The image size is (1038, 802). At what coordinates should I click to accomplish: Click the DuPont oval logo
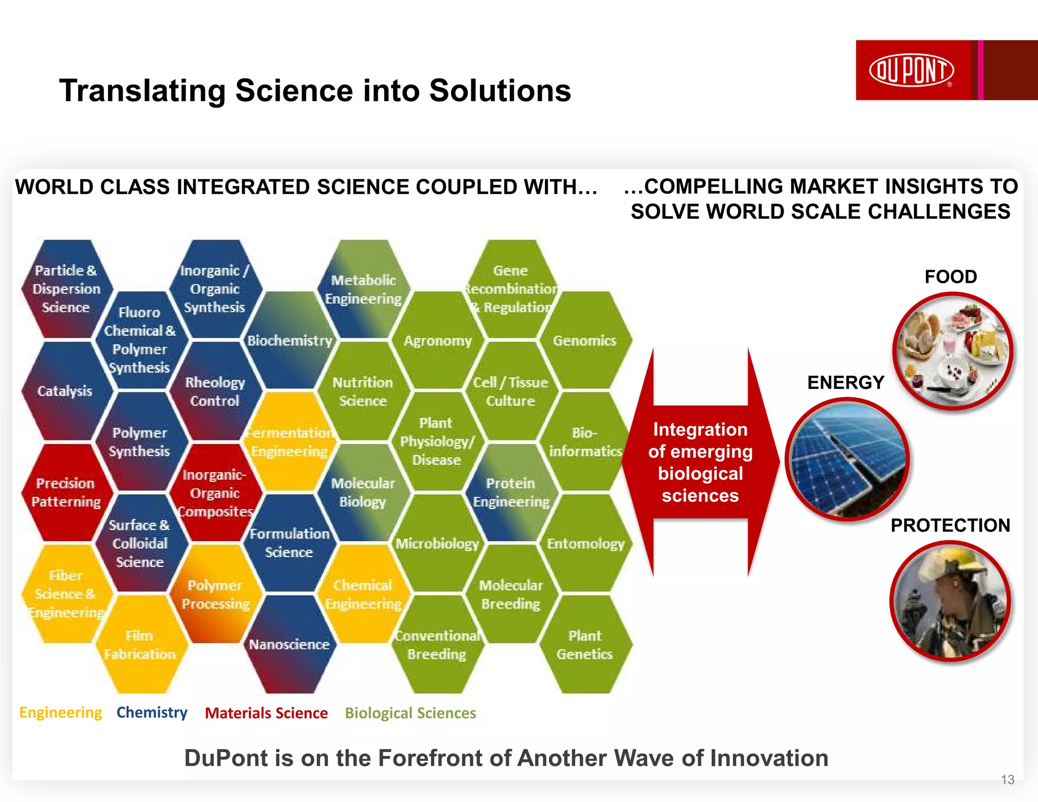[x=911, y=70]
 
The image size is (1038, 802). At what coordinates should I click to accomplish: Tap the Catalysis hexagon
[x=65, y=391]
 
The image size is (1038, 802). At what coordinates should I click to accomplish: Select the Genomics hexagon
[x=584, y=341]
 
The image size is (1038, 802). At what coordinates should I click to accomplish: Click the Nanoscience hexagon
[x=289, y=644]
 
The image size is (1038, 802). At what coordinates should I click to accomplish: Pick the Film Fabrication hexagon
[x=140, y=645]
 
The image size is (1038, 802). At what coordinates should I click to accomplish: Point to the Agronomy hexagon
[x=437, y=341]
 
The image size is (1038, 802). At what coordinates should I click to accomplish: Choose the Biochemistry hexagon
[x=289, y=341]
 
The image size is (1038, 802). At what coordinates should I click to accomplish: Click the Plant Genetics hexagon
[x=584, y=645]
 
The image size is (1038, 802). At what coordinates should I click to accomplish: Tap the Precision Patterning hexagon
[x=66, y=492]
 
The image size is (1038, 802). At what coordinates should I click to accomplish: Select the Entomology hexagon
[x=585, y=543]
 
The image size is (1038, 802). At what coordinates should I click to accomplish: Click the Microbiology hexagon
[x=437, y=543]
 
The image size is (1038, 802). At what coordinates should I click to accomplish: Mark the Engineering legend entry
[x=60, y=712]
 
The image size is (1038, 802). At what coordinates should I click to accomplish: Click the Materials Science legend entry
[x=266, y=713]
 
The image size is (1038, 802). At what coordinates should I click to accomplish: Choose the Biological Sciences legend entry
[x=410, y=713]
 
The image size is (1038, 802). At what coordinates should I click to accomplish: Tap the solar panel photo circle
[x=847, y=459]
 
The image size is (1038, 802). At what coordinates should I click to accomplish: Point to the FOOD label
[x=950, y=277]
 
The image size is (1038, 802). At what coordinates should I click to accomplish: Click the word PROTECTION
[x=950, y=525]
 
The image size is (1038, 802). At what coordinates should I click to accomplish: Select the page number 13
[x=1007, y=780]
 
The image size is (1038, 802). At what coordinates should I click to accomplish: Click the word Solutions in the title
[x=500, y=91]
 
